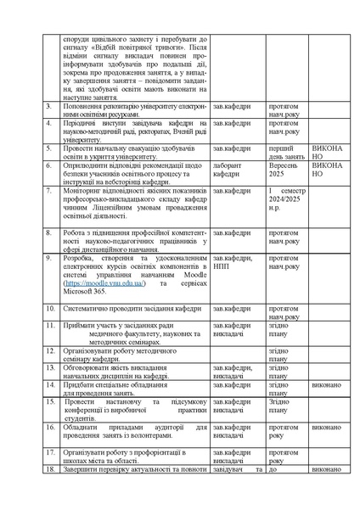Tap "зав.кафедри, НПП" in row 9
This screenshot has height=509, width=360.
pyautogui.click(x=232, y=262)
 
